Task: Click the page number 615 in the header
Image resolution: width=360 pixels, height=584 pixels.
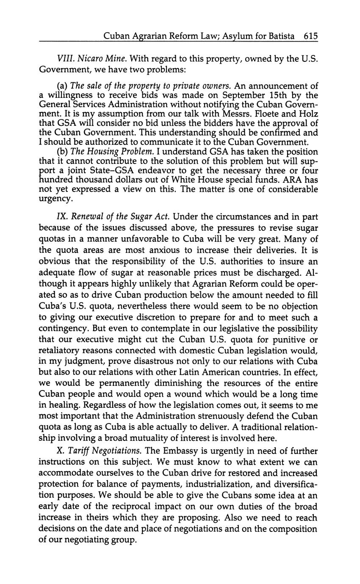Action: click(x=310, y=36)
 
